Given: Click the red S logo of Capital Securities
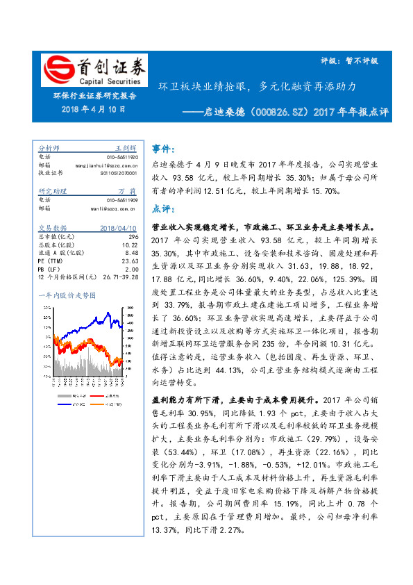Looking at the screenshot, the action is coord(56,70).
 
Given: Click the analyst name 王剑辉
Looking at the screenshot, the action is coord(125,149).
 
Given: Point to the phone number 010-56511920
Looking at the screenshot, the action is coord(122,156).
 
